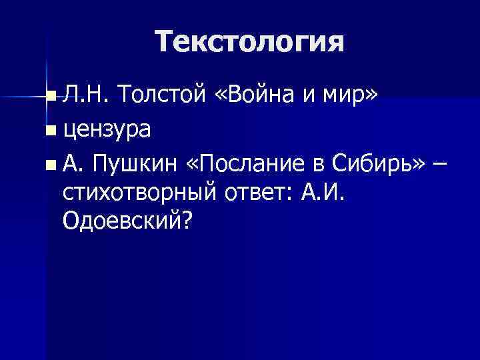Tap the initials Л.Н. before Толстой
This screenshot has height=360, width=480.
[x=83, y=94]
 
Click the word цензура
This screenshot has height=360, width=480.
[x=107, y=127]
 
